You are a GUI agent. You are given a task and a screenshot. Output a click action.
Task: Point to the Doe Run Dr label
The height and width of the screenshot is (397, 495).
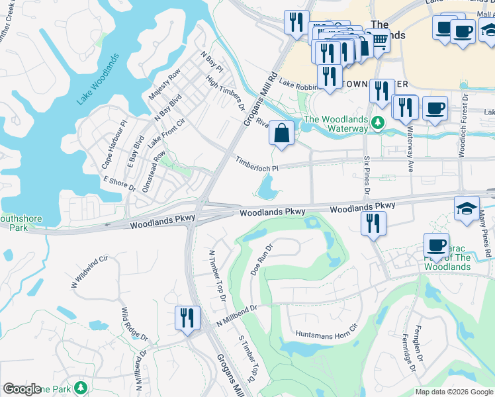pos(262,259)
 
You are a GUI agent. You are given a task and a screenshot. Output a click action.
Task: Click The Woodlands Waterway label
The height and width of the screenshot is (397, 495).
pos(335,124)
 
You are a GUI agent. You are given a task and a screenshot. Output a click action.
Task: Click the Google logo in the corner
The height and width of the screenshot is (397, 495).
pos(22,389)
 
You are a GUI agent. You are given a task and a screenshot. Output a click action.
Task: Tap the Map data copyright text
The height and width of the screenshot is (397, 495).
pos(453,392)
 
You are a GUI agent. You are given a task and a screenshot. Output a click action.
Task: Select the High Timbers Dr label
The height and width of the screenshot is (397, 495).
pos(226,94)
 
